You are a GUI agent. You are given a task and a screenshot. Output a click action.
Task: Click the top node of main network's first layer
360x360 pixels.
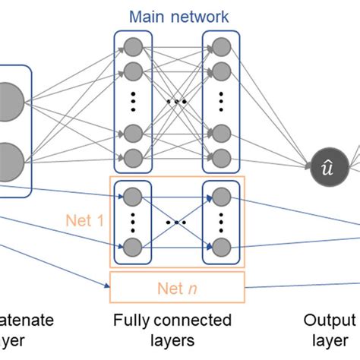click(x=133, y=45)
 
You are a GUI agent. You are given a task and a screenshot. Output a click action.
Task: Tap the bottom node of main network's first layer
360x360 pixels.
click(x=133, y=158)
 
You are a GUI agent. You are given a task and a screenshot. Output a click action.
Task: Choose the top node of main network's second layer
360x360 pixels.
click(x=221, y=45)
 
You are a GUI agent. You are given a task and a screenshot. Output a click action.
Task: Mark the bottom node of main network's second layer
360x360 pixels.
click(x=221, y=158)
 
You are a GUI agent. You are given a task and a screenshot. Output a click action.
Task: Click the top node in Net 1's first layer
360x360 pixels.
click(x=133, y=195)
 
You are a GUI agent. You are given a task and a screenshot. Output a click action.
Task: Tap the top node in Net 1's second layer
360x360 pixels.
click(x=221, y=195)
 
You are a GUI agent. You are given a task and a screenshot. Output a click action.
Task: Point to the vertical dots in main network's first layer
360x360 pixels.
click(x=133, y=101)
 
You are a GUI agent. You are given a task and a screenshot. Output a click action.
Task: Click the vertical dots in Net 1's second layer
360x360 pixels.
click(x=221, y=222)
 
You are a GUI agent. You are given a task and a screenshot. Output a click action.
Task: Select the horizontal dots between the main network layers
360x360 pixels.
click(x=177, y=101)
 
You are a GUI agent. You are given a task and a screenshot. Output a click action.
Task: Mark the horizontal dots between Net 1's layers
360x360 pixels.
click(x=177, y=222)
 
